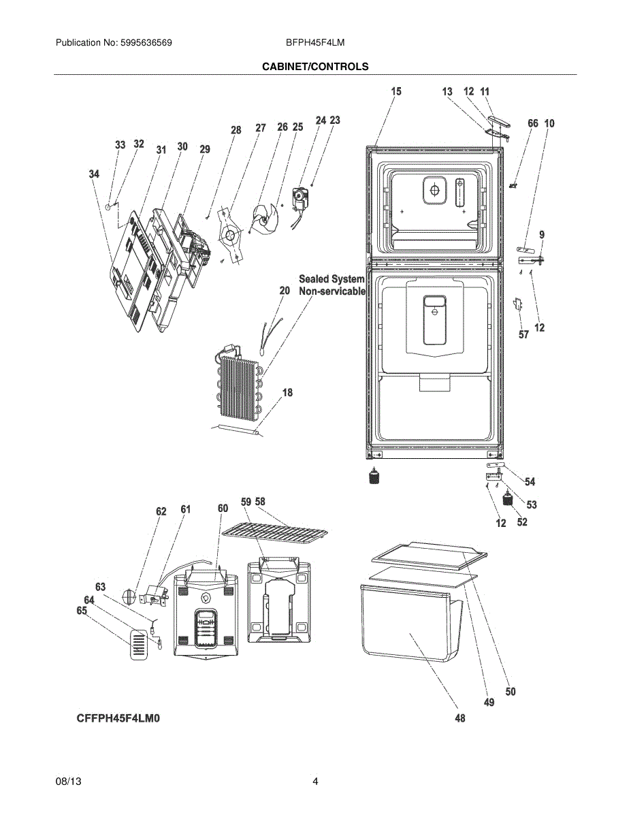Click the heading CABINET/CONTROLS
pos(315,67)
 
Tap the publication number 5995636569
pos(146,43)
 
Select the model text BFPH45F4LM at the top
pos(315,43)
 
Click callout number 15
pos(395,91)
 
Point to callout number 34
pos(94,174)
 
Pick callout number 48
pos(460,718)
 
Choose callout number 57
pos(523,334)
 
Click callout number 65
pos(82,611)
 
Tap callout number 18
pos(287,393)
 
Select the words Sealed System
pos(331,279)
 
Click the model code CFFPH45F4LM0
pos(118,718)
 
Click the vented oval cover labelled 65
pos(139,645)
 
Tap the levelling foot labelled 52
pos(508,499)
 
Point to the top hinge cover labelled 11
pos(500,121)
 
